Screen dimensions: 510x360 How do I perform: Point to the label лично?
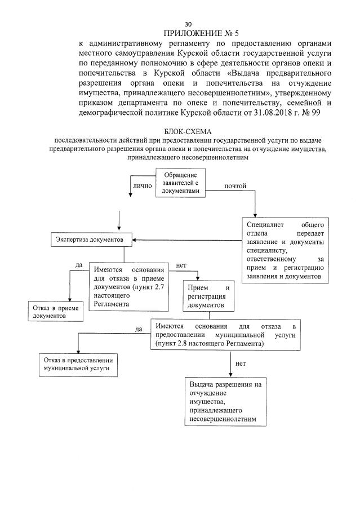click(143, 184)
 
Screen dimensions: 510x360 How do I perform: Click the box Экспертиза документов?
click(92, 240)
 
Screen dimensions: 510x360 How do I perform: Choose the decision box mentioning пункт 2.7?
click(129, 286)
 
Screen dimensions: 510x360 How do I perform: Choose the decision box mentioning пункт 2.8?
click(230, 334)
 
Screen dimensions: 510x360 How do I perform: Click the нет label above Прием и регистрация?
click(181, 265)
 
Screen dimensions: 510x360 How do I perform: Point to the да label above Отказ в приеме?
click(79, 264)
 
